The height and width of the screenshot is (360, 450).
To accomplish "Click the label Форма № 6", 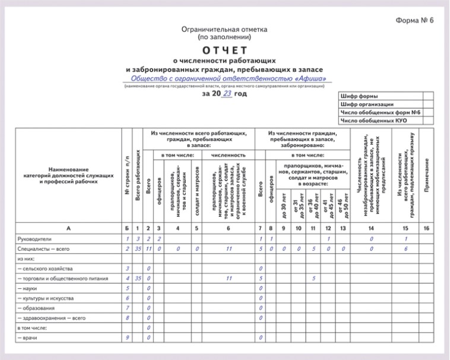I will [x=415, y=21].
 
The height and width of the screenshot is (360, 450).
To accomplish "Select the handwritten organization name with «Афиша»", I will [x=227, y=78].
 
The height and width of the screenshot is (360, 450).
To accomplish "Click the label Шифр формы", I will [x=359, y=96].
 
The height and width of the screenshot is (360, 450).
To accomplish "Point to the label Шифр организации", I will [x=367, y=104].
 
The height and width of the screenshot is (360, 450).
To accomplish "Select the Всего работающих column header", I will [x=138, y=178].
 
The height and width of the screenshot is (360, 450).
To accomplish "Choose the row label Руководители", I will [x=35, y=238].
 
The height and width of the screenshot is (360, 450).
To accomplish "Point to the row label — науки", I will [x=29, y=288].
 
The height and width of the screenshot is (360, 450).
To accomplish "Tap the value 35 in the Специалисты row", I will [x=138, y=248].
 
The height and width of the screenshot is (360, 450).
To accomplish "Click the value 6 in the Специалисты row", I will [x=405, y=248].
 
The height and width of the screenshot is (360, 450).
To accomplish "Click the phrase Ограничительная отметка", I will [x=225, y=29].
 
